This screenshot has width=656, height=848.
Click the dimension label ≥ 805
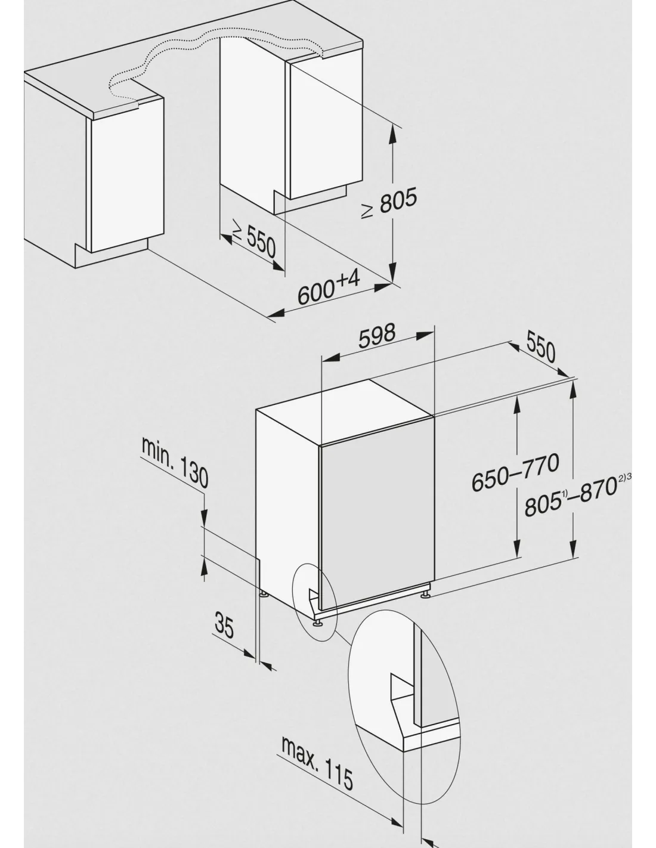point(389,202)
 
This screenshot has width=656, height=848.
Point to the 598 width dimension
point(376,336)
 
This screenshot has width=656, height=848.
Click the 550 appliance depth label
point(541,346)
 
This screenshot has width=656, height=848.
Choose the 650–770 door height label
point(515,472)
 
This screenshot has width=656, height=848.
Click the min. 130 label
point(175,463)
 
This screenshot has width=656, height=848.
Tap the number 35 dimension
point(224,626)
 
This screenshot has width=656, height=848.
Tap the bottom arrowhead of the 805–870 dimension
point(573,548)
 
